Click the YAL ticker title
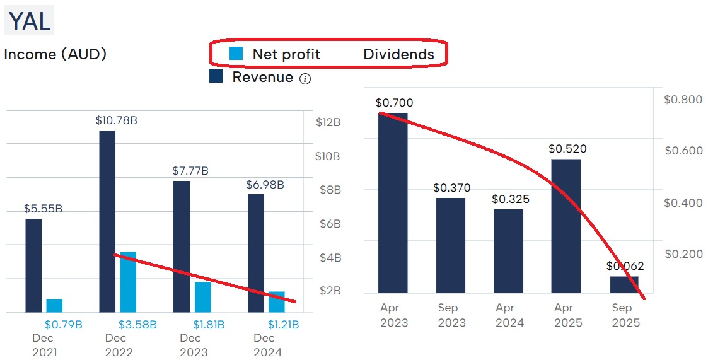29,21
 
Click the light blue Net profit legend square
236,54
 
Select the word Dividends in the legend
398,54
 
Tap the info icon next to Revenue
305,79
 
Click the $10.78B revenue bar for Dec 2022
107,221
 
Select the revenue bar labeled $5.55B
33,265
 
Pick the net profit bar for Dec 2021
54,306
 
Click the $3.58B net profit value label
137,325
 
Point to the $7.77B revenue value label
190,171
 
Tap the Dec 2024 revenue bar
256,253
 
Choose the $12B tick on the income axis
328,122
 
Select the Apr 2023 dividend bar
393,202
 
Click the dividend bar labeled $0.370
451,245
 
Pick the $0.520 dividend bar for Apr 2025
566,226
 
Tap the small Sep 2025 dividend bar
624,284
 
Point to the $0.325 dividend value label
510,199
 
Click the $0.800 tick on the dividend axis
683,100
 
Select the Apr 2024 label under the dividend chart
509,315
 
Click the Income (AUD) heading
55,54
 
